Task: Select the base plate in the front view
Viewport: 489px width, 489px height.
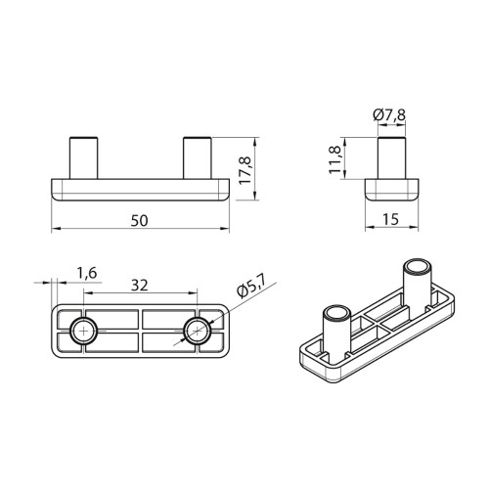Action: pos(140,189)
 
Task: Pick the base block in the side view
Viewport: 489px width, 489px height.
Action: pos(395,189)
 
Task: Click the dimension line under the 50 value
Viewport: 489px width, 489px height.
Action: pos(140,231)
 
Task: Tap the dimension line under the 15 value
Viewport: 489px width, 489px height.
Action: pos(395,231)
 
